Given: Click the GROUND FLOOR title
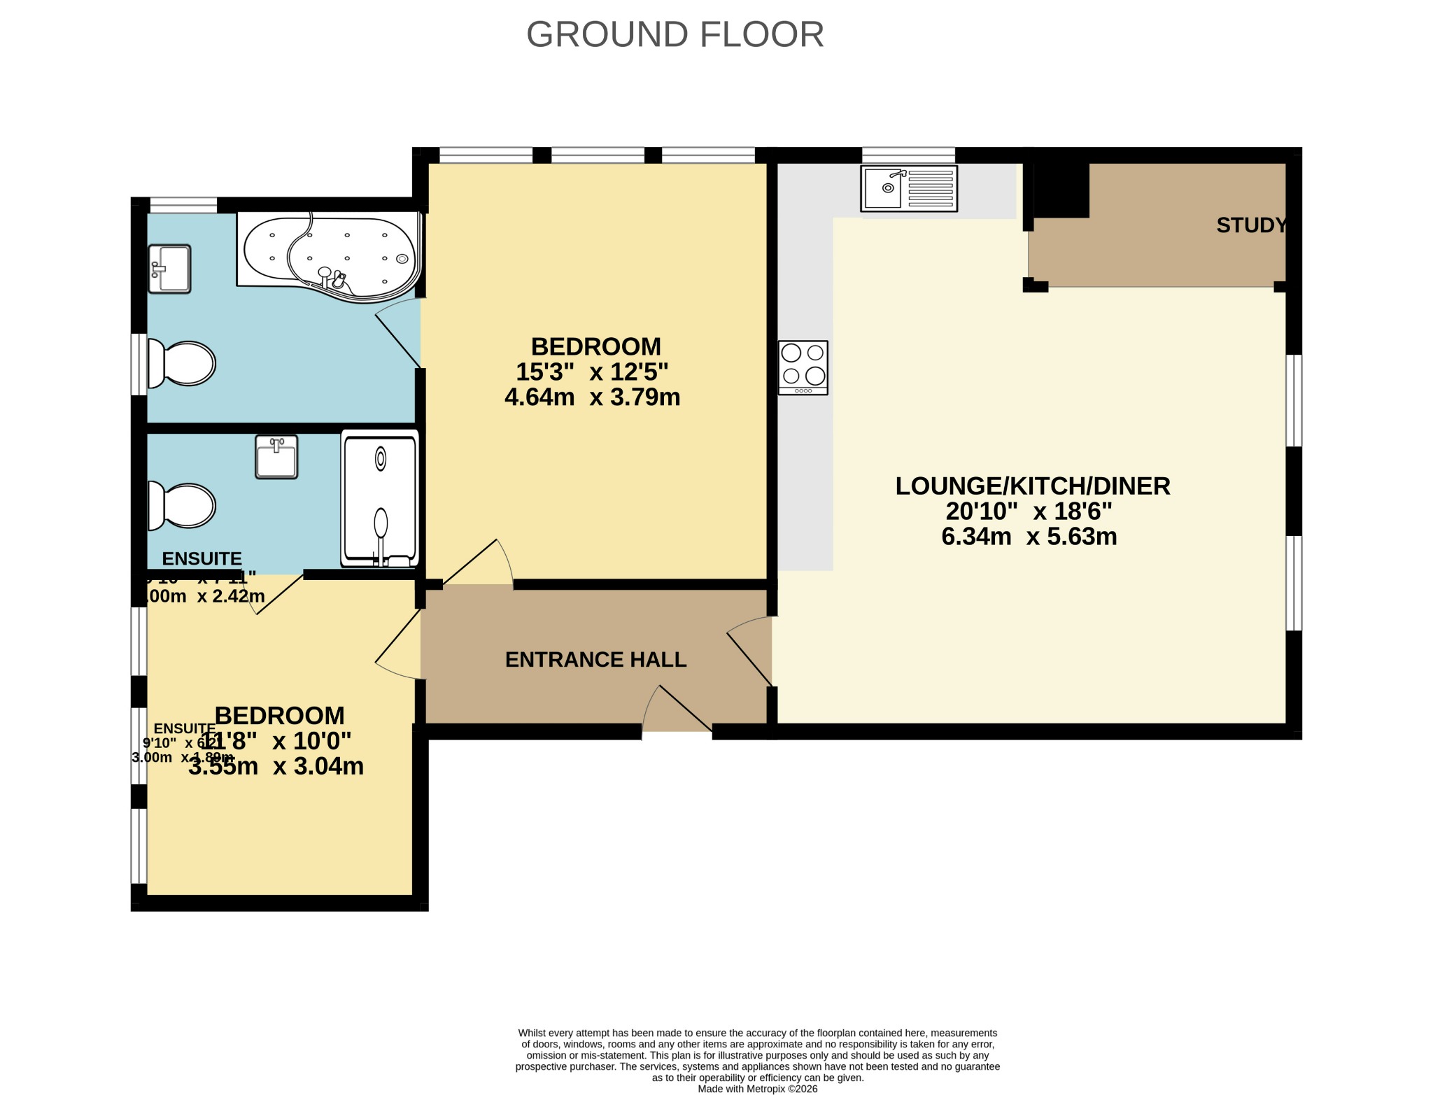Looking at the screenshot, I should [x=675, y=34].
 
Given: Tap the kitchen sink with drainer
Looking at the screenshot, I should [x=908, y=188].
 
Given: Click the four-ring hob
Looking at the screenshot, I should [x=803, y=367].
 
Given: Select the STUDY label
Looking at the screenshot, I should [x=1251, y=225].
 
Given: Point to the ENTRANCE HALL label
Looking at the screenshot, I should [x=595, y=660].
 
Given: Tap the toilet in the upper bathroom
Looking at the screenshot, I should [x=182, y=364].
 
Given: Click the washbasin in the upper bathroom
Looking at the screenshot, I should [x=169, y=269].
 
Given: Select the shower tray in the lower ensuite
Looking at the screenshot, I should [x=380, y=498].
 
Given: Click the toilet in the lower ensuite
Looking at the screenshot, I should [x=182, y=505].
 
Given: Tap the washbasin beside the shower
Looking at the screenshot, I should [x=276, y=457].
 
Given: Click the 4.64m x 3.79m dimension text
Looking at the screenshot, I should [x=592, y=397].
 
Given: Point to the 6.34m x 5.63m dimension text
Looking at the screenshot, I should [x=1029, y=537].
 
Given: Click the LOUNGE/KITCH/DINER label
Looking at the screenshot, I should [x=1033, y=486].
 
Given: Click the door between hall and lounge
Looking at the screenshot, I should [x=750, y=651].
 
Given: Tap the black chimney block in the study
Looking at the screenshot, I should [x=1061, y=190].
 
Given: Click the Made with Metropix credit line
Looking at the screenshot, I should [x=757, y=1089].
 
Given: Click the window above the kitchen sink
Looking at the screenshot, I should [x=908, y=155].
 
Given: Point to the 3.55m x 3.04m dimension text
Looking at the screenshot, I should [x=276, y=766].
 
